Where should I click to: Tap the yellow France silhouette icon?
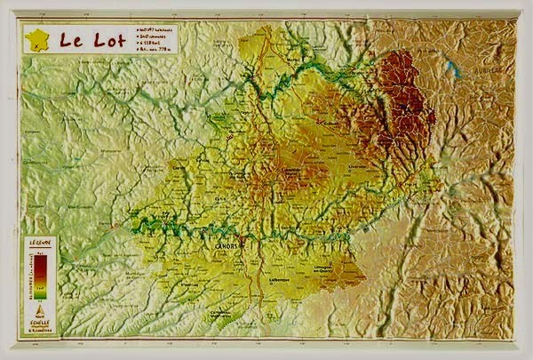pyautogui.click(x=37, y=40)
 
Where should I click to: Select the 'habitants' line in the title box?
pyautogui.click(x=155, y=29)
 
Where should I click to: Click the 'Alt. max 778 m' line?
pyautogui.click(x=155, y=51)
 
